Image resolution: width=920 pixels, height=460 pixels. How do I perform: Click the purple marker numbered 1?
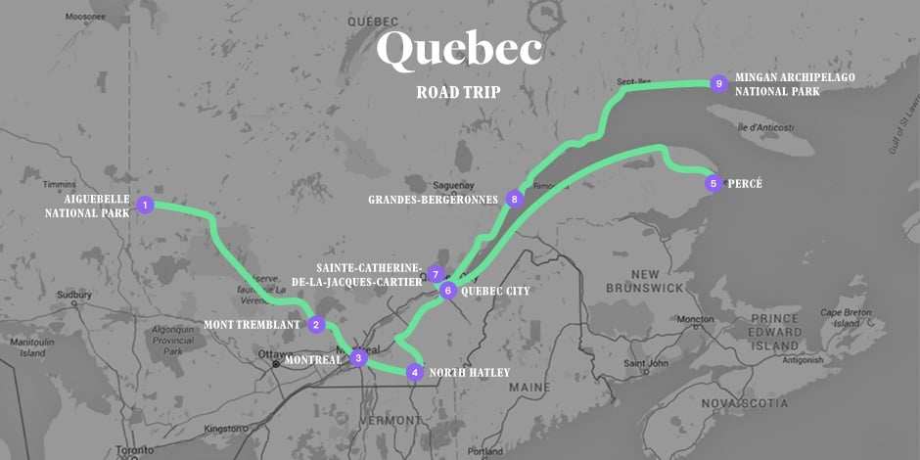pyautogui.click(x=145, y=205)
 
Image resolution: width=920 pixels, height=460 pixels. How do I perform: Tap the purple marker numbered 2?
pyautogui.click(x=315, y=325)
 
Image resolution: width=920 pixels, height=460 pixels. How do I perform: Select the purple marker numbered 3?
pyautogui.click(x=359, y=359)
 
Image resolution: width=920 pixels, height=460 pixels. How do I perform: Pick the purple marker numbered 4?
pyautogui.click(x=415, y=372)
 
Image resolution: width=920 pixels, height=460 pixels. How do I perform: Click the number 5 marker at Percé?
pyautogui.click(x=713, y=183)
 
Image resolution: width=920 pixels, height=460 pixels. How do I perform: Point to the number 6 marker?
pyautogui.click(x=447, y=291)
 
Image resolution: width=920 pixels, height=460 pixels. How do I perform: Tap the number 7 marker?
pyautogui.click(x=436, y=275)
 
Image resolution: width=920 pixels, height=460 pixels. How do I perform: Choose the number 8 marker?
pyautogui.click(x=515, y=199)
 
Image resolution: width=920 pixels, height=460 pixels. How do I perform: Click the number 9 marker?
pyautogui.click(x=719, y=83)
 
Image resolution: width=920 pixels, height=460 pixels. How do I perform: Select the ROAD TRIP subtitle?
pyautogui.click(x=459, y=93)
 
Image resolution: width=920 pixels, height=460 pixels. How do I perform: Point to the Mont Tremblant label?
pyautogui.click(x=252, y=325)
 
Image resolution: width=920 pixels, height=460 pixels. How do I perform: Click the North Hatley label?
pyautogui.click(x=470, y=372)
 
